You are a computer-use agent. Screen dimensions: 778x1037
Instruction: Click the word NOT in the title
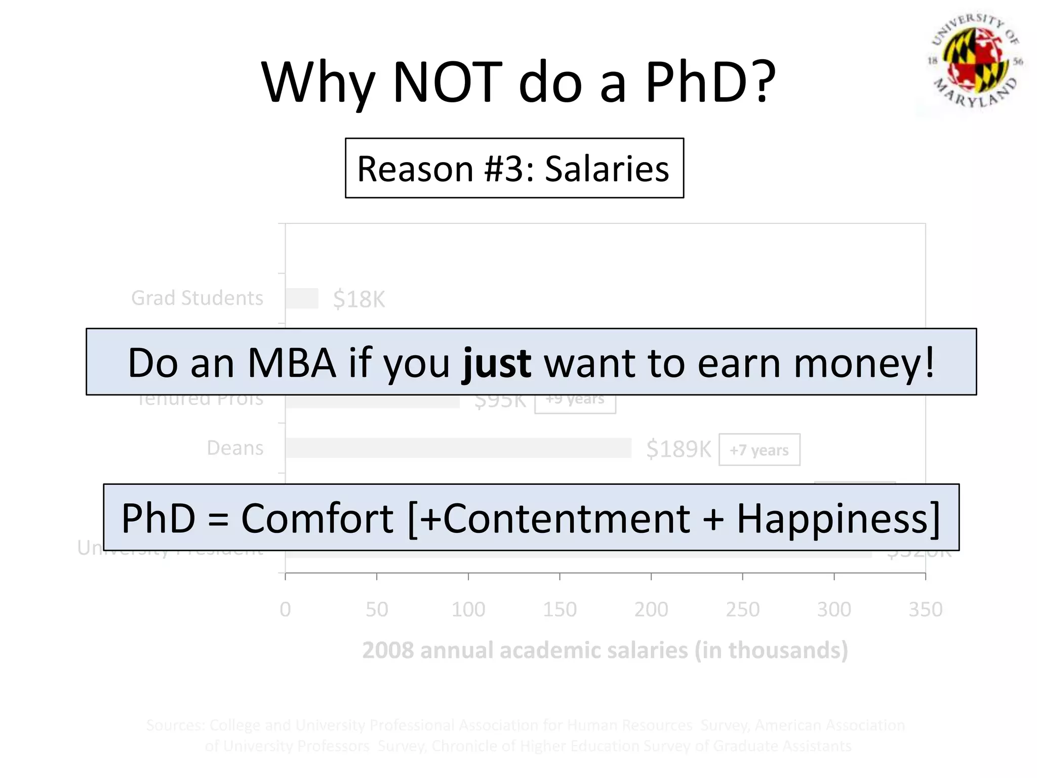447,82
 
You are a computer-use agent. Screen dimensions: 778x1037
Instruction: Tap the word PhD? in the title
710,82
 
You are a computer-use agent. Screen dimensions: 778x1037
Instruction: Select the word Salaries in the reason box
607,169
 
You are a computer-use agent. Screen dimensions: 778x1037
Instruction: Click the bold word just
497,363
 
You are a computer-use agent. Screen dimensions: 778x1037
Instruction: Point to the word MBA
292,363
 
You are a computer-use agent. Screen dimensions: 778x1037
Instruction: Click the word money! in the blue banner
863,363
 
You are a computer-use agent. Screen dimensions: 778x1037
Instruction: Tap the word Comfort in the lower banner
317,518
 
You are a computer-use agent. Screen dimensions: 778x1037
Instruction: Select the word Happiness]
838,518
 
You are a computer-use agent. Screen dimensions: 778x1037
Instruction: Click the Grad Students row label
197,298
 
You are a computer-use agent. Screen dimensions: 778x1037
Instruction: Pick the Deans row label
235,448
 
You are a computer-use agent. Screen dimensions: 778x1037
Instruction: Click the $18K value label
358,299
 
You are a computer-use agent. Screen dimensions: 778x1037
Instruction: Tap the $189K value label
679,449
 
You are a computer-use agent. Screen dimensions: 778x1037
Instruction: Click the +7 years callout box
759,450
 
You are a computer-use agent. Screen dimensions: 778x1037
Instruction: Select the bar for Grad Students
302,298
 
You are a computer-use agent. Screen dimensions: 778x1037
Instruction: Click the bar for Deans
458,448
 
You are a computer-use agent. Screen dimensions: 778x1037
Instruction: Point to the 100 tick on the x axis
468,609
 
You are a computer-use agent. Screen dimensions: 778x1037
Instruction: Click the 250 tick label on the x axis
742,609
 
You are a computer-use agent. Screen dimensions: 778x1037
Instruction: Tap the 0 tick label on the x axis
286,609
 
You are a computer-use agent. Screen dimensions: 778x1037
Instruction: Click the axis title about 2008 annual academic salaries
605,650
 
